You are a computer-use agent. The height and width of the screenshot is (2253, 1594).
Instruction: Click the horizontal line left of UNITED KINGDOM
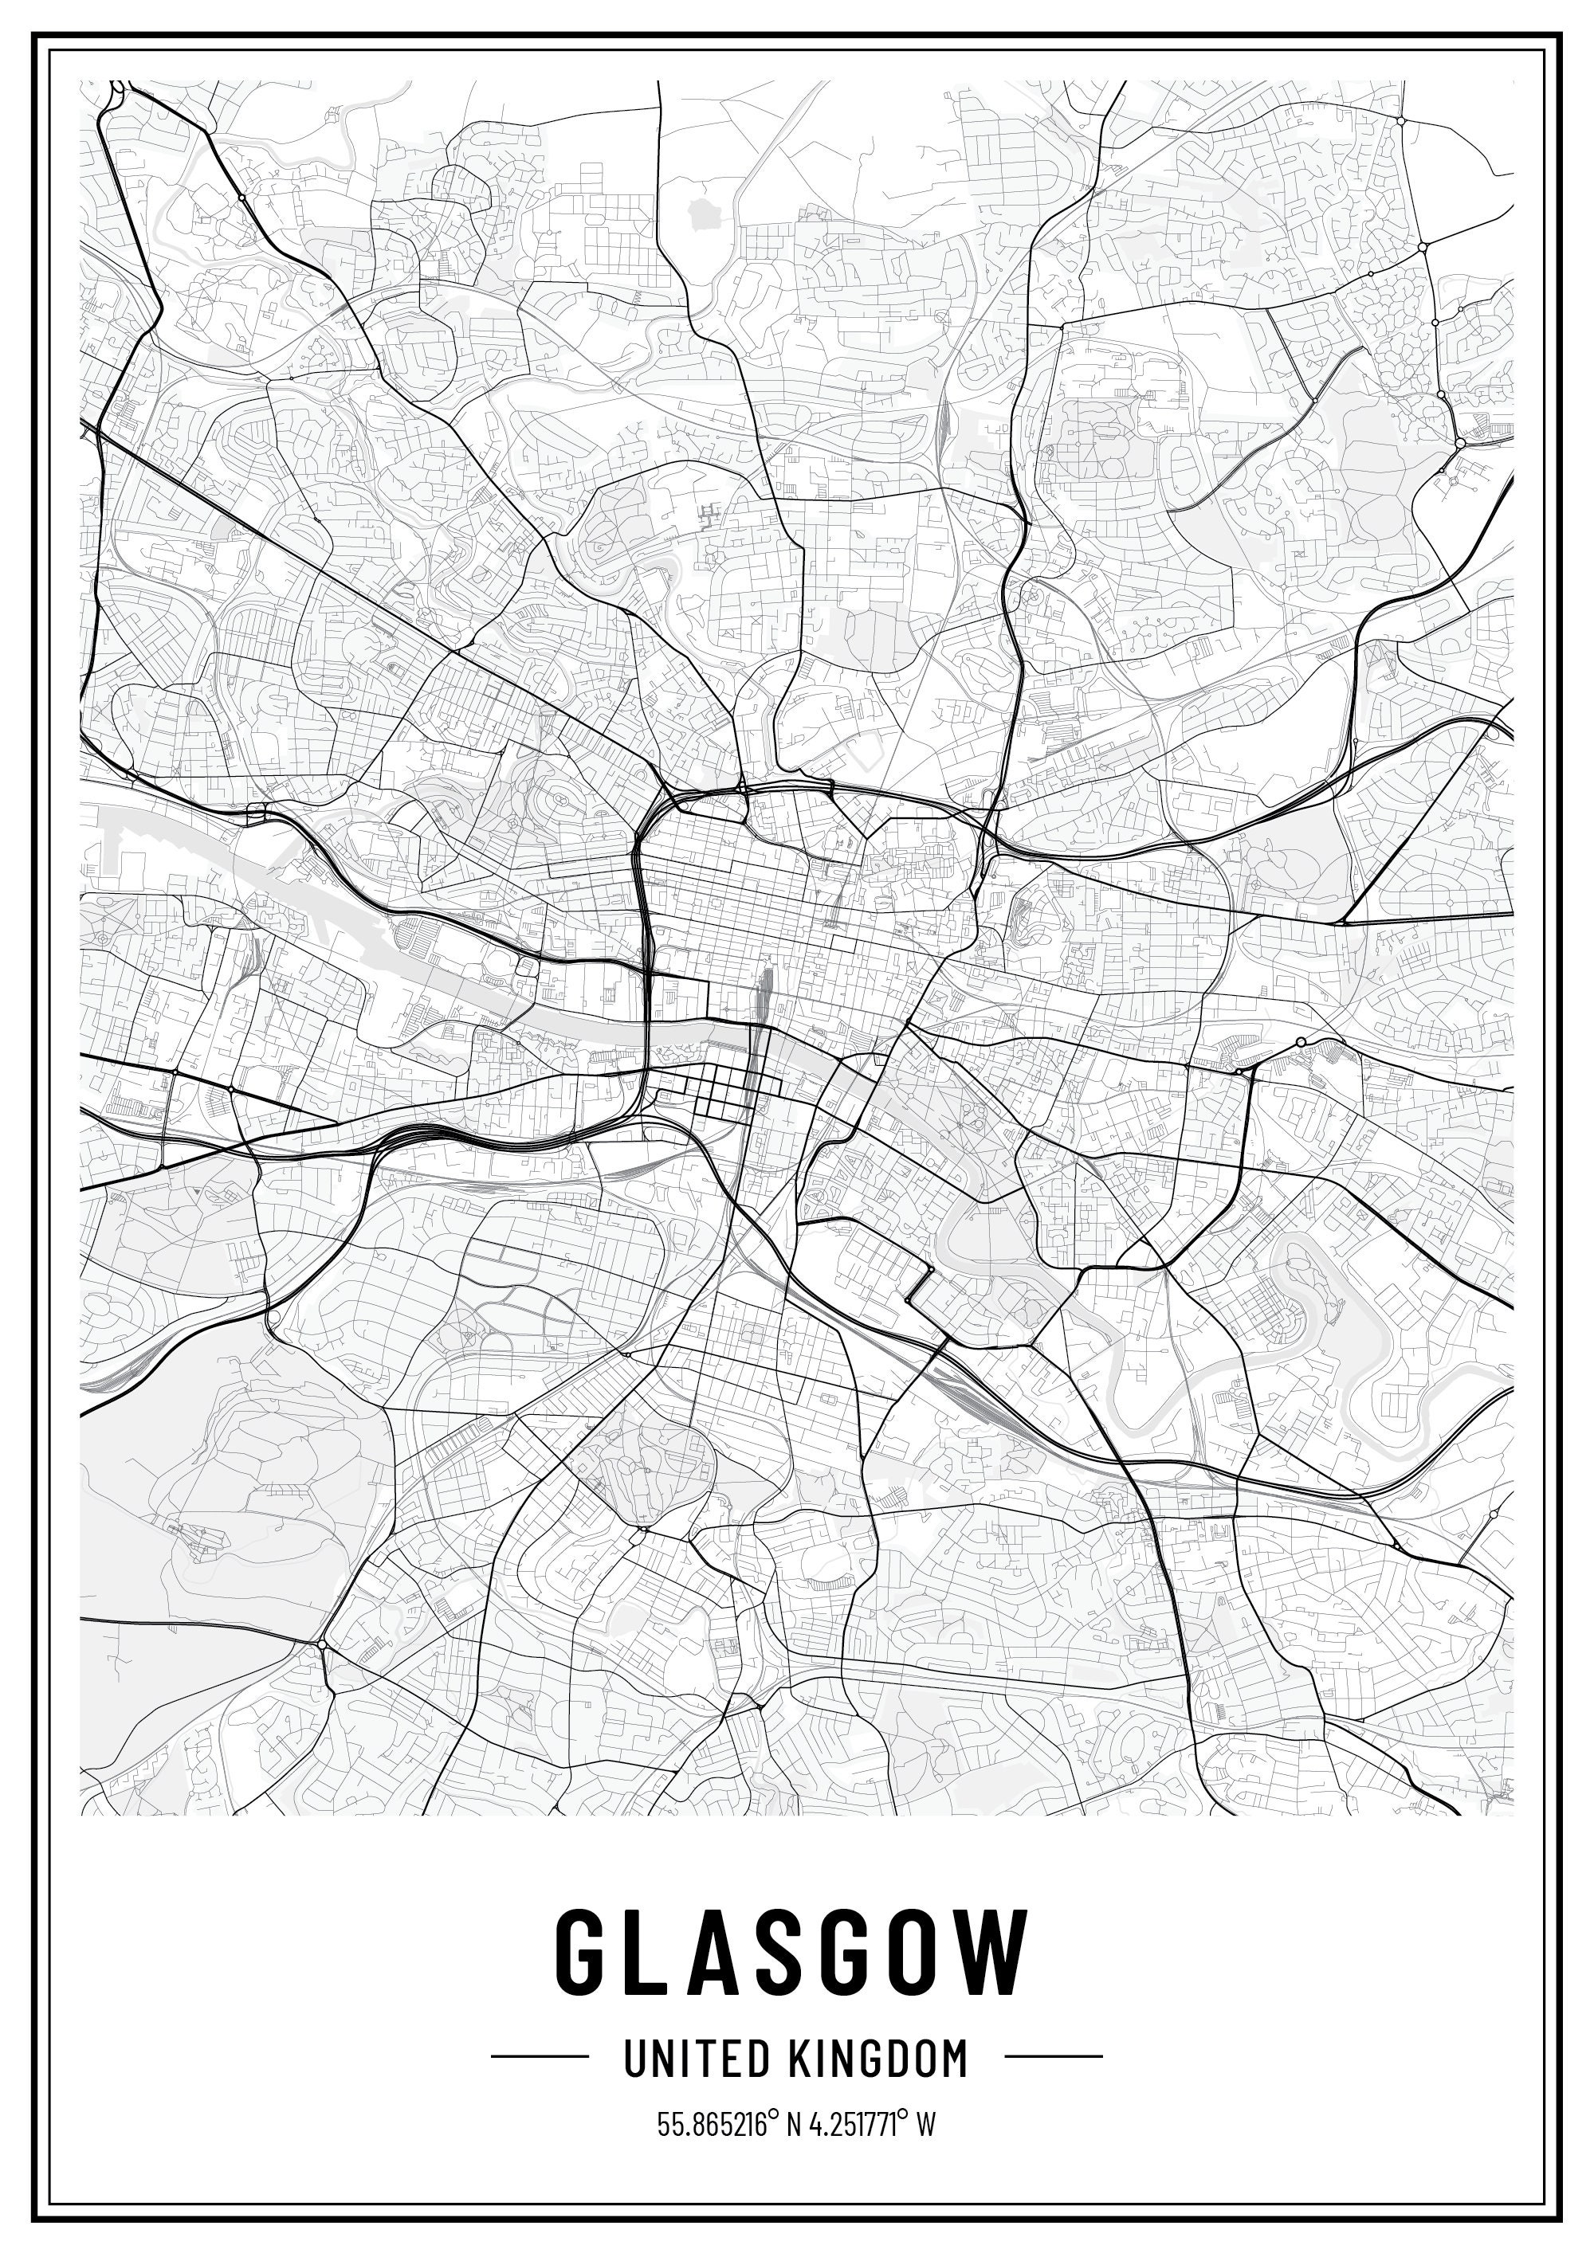(540, 2055)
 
